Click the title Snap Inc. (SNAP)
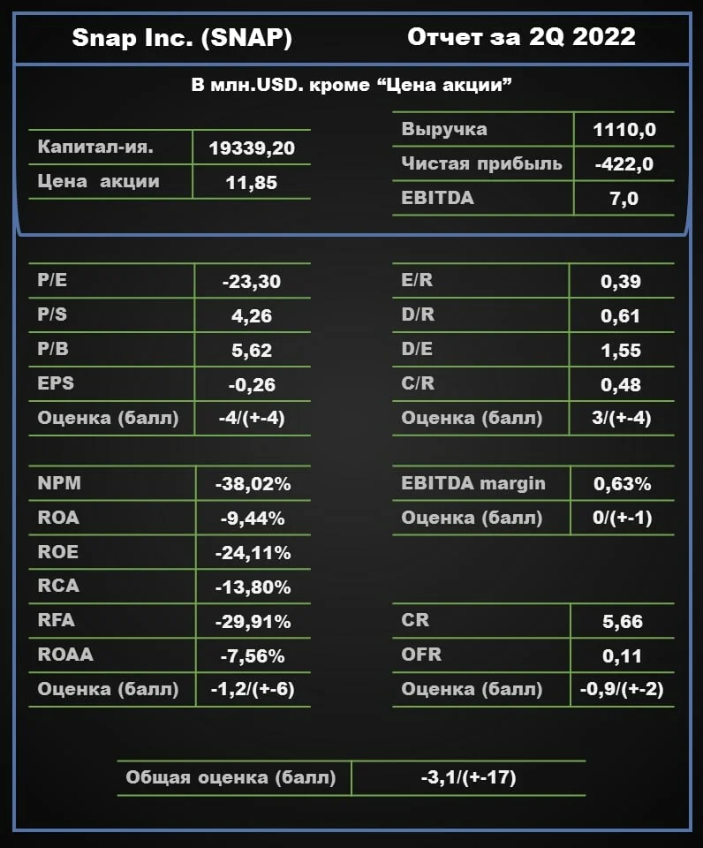[182, 38]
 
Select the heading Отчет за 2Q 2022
[521, 37]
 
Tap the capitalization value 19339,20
[252, 148]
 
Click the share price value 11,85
[252, 183]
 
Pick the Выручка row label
[444, 130]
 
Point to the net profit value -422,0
[624, 164]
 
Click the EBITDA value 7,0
[624, 199]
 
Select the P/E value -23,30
[252, 281]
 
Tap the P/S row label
[52, 314]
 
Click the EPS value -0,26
[252, 384]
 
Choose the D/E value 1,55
[621, 351]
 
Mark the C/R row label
[418, 382]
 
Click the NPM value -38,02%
[253, 483]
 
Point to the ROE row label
[58, 551]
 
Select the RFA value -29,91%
[253, 621]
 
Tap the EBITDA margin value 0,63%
[623, 483]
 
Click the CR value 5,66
[623, 621]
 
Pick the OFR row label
[421, 655]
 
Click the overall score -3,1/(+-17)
[468, 777]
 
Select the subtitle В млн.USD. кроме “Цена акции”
[351, 85]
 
